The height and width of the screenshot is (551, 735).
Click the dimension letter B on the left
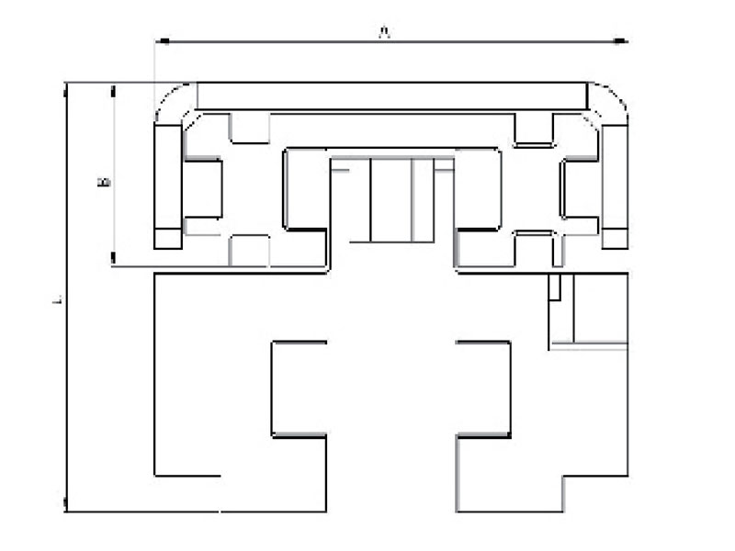pyautogui.click(x=105, y=182)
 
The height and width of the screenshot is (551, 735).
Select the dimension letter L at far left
pyautogui.click(x=57, y=299)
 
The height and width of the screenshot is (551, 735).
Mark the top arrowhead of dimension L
pyautogui.click(x=66, y=87)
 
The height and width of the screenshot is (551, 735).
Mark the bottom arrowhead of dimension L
pyautogui.click(x=66, y=505)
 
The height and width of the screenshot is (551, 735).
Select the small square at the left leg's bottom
pyautogui.click(x=167, y=238)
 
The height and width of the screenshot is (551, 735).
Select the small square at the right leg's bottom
pyautogui.click(x=616, y=238)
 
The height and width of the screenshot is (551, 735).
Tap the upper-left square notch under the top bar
pyautogui.click(x=248, y=129)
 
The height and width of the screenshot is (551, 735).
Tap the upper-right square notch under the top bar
pyautogui.click(x=532, y=129)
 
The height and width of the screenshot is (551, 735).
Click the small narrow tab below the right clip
pyautogui.click(x=554, y=287)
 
